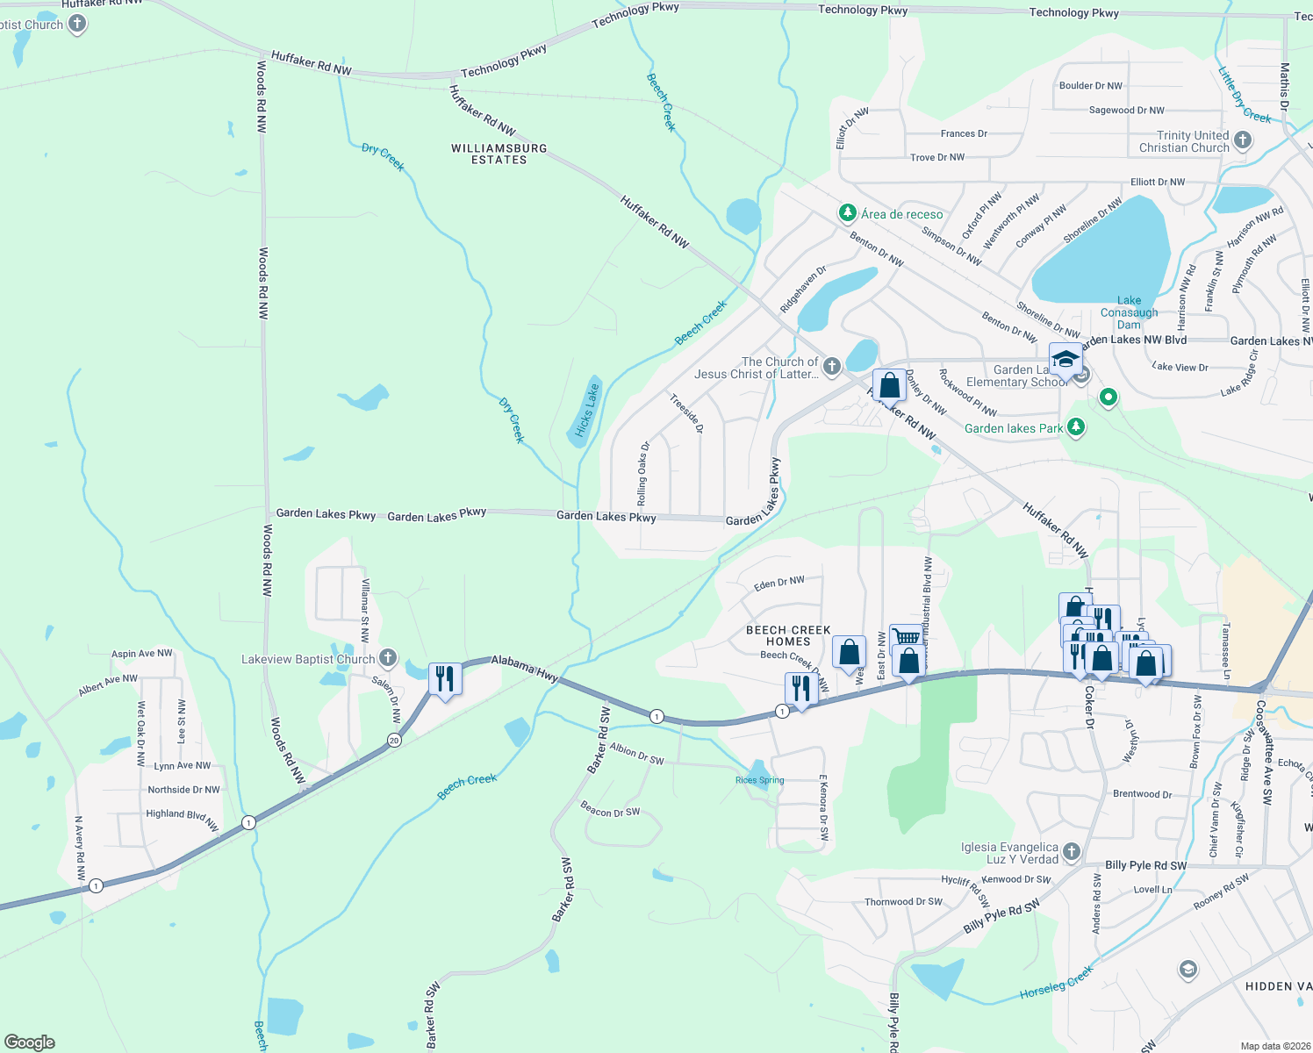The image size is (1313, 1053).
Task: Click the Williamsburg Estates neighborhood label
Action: (x=499, y=154)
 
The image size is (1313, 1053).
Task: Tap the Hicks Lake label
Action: (x=586, y=410)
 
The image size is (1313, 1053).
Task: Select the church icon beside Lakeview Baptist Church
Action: (x=388, y=659)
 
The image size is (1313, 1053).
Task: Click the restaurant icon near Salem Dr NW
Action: (x=445, y=679)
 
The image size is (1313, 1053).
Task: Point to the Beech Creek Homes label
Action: (x=788, y=635)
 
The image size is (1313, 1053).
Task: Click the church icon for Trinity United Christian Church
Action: (x=1242, y=140)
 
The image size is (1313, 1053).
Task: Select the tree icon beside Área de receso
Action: (x=847, y=213)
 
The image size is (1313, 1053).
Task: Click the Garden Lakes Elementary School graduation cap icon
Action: (x=1065, y=360)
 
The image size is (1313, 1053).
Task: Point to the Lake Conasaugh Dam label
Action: (x=1129, y=312)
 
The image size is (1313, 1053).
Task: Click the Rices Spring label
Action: (x=759, y=780)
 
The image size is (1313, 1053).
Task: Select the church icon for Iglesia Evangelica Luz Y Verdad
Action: (x=1071, y=852)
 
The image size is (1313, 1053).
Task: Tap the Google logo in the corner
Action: (x=30, y=1042)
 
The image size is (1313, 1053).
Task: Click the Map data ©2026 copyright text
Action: (x=1272, y=1046)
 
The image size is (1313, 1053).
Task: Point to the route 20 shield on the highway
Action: (x=394, y=741)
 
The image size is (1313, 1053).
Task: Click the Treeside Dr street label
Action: (x=686, y=413)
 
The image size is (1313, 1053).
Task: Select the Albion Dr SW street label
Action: (x=636, y=754)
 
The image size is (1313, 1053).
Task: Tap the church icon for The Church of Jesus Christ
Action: (x=831, y=367)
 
